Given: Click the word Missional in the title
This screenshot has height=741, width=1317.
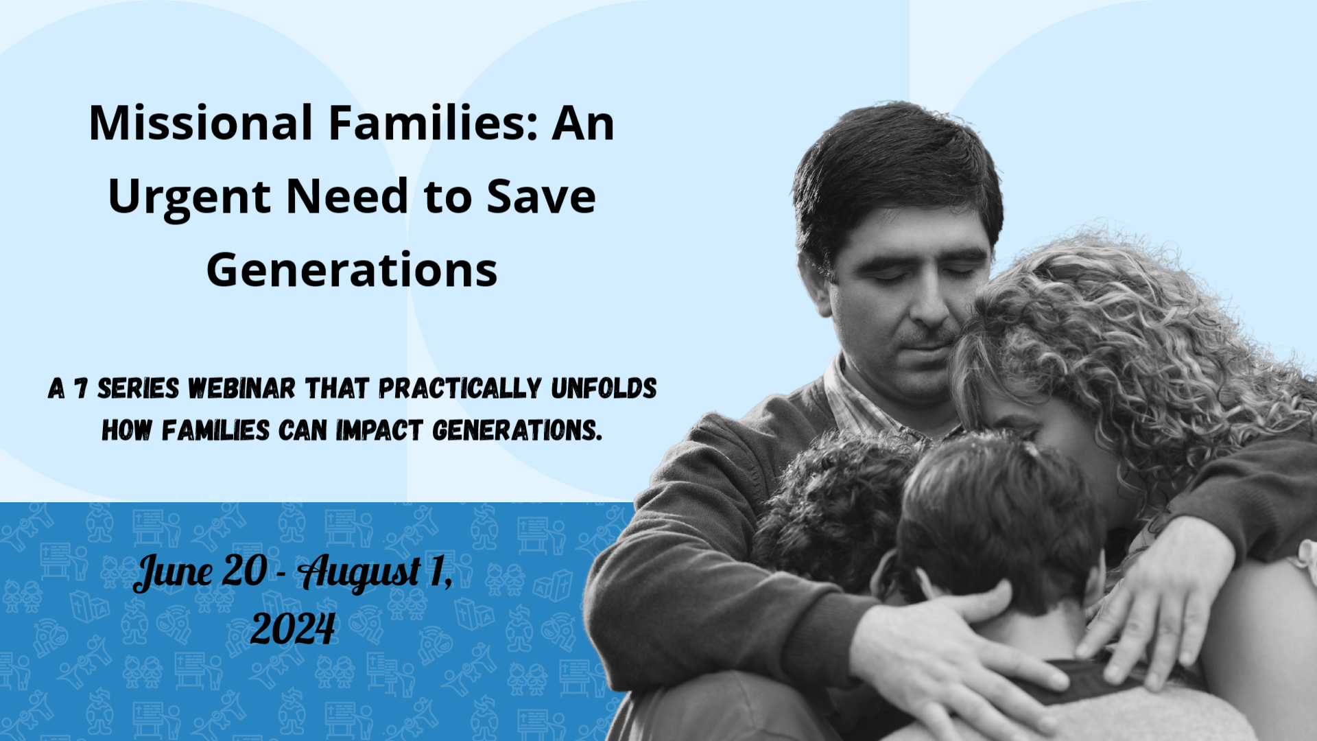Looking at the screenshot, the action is coord(201,123).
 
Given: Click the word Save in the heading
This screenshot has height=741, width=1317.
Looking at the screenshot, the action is coord(541,196).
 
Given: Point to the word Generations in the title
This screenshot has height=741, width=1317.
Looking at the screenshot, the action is coord(352,270).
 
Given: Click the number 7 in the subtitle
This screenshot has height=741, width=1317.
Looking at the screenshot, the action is coord(81,389).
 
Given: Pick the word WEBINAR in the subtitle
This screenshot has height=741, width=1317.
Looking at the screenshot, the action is coord(241,389).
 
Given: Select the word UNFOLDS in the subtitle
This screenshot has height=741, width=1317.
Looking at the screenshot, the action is coord(604,388).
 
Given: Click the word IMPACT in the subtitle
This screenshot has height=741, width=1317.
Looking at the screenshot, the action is coord(379,431).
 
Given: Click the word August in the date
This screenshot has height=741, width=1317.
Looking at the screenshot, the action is coord(360,572).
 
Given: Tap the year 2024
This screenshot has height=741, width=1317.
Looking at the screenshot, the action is coord(293,628).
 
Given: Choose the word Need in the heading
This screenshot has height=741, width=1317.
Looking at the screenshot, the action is coord(348,196).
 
